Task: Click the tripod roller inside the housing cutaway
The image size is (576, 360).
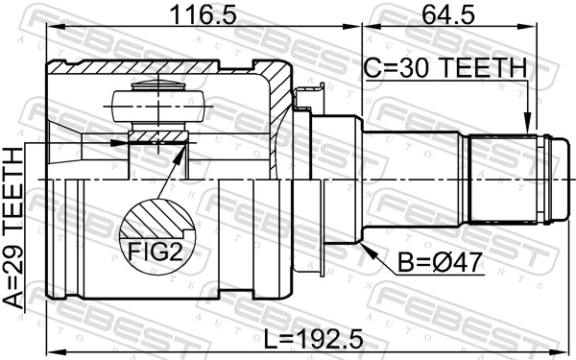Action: (154, 101)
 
